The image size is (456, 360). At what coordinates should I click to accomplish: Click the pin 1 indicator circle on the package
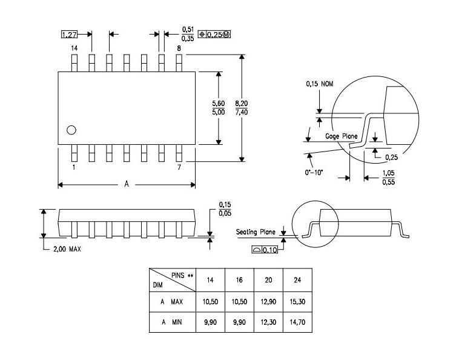click(x=71, y=130)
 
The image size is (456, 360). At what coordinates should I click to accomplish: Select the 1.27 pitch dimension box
click(x=70, y=35)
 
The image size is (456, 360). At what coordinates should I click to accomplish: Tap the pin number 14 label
click(x=74, y=48)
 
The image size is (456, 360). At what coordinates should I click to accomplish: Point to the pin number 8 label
click(x=179, y=48)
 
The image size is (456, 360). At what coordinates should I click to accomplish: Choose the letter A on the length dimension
click(x=127, y=185)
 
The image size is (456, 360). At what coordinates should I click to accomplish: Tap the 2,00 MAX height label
click(x=66, y=249)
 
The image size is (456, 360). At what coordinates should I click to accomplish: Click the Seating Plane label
click(x=256, y=232)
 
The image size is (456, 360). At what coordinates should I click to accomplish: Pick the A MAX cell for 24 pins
click(x=297, y=301)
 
